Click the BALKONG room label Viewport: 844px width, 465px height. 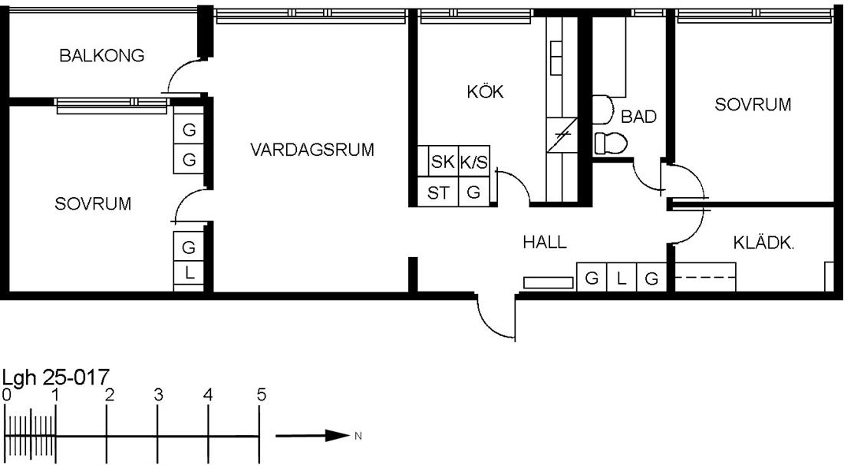click(x=102, y=55)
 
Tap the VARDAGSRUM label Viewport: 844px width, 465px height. click(x=312, y=149)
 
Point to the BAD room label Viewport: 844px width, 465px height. click(x=638, y=117)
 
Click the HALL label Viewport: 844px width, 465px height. click(x=545, y=242)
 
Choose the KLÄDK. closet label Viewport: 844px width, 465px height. click(x=763, y=243)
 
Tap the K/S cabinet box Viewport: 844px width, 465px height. click(x=474, y=161)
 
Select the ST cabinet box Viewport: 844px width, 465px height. click(x=438, y=192)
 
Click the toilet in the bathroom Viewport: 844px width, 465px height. click(x=611, y=143)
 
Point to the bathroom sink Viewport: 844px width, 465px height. click(x=602, y=110)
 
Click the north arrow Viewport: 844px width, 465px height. click(x=313, y=435)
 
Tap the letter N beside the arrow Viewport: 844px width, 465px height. click(x=358, y=436)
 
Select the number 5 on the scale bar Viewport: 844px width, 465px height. click(x=261, y=395)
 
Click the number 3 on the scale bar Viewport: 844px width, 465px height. click(x=158, y=395)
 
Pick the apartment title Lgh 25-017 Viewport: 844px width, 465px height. click(x=56, y=378)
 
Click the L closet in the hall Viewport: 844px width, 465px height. click(x=621, y=278)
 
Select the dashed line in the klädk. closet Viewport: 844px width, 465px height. click(x=705, y=277)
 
